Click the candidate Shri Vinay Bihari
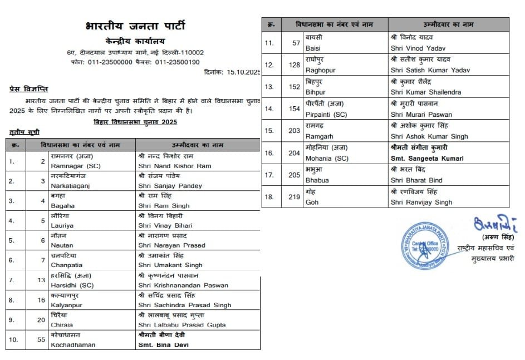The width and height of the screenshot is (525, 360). click(165, 225)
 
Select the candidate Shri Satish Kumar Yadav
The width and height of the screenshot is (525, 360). click(430, 70)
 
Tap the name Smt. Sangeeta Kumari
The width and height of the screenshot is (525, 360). click(427, 158)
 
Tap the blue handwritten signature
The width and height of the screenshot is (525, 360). click(494, 225)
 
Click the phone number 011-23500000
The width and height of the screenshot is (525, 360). click(110, 62)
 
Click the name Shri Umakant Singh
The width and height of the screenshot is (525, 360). click(170, 265)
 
